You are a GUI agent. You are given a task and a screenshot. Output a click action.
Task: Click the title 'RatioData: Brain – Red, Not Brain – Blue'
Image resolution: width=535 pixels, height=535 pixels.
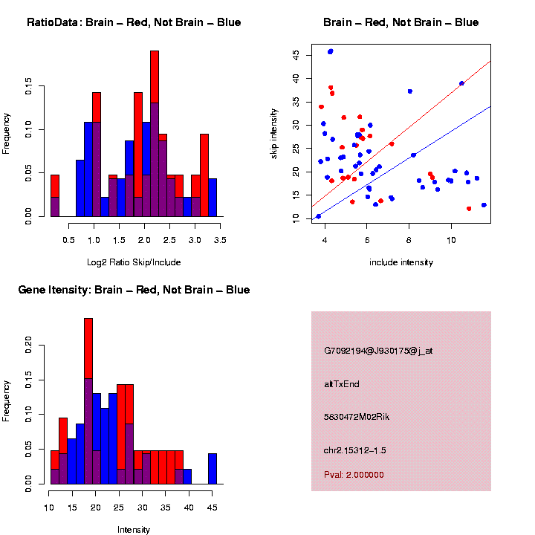[x=134, y=22]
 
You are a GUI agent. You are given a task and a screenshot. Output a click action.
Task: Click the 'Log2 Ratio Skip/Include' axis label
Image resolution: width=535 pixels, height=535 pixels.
[x=134, y=262]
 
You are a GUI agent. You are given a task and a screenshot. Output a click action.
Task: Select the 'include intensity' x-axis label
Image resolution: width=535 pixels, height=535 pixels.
[x=401, y=262]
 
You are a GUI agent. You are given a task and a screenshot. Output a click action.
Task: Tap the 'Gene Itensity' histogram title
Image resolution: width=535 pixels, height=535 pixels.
[x=134, y=290]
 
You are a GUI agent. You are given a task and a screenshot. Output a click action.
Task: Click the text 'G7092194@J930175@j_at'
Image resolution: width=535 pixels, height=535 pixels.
[x=378, y=351]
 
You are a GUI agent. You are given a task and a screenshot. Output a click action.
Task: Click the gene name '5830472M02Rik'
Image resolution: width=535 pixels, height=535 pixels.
[x=357, y=417]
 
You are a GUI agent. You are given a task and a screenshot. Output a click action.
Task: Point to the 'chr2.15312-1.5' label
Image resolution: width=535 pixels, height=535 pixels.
[x=355, y=450]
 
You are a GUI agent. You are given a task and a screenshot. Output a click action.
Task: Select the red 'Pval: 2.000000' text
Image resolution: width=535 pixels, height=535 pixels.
[x=354, y=474]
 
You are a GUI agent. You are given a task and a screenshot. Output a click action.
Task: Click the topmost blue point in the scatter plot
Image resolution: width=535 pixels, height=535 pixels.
[x=331, y=51]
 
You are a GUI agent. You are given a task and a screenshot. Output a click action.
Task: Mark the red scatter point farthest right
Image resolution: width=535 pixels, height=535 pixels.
[x=469, y=209]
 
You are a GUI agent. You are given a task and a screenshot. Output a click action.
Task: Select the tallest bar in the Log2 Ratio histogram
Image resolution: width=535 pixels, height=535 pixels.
[x=155, y=134]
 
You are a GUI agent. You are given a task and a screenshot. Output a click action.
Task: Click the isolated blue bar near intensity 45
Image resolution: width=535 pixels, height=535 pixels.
[x=213, y=468]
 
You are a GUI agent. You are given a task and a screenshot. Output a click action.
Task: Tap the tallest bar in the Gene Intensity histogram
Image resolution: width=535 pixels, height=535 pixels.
[x=88, y=401]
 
